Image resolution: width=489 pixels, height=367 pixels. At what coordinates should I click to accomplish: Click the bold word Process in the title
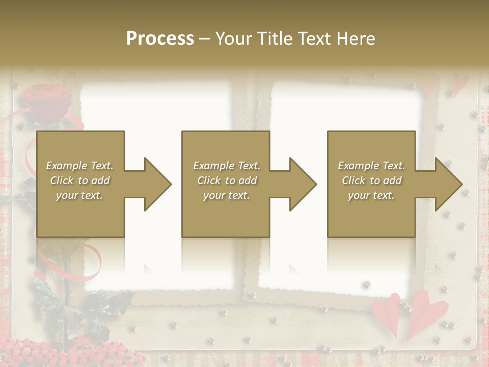pyautogui.click(x=160, y=38)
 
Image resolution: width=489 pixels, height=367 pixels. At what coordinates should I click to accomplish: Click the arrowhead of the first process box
pyautogui.click(x=158, y=184)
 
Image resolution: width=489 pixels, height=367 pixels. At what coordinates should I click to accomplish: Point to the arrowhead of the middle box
pyautogui.click(x=303, y=184)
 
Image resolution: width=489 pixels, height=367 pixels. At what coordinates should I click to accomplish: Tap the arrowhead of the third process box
pyautogui.click(x=449, y=184)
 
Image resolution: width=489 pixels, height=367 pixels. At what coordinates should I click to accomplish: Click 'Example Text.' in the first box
pyautogui.click(x=80, y=166)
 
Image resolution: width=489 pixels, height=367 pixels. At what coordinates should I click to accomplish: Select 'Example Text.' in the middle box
pyautogui.click(x=227, y=166)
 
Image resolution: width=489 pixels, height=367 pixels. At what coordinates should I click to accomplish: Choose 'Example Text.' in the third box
pyautogui.click(x=371, y=166)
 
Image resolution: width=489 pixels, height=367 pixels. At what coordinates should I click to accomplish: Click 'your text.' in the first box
pyautogui.click(x=80, y=195)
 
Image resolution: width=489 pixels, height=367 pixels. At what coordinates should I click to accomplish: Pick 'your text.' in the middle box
pyautogui.click(x=227, y=195)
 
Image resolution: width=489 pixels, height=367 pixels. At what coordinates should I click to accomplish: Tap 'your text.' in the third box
pyautogui.click(x=371, y=195)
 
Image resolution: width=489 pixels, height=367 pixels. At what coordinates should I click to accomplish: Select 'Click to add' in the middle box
pyautogui.click(x=227, y=180)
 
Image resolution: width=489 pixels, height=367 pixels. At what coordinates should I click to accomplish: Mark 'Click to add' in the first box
pyautogui.click(x=80, y=180)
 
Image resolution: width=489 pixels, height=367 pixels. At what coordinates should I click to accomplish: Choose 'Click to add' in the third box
pyautogui.click(x=371, y=180)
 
